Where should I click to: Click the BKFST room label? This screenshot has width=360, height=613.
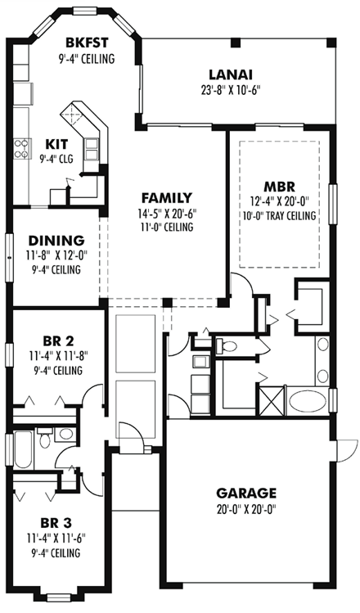[86, 43]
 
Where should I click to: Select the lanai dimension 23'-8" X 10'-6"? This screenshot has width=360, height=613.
[228, 91]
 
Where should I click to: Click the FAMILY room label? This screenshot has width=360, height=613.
[166, 197]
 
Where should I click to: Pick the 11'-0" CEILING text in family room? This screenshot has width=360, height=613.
[166, 227]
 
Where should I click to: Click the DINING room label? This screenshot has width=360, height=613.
[56, 241]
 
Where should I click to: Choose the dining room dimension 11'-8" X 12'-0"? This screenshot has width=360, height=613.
[56, 255]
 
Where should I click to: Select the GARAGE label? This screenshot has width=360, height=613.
[245, 493]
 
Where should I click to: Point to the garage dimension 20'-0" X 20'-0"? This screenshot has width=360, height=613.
[245, 508]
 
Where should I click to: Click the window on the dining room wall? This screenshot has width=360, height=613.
[7, 246]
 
